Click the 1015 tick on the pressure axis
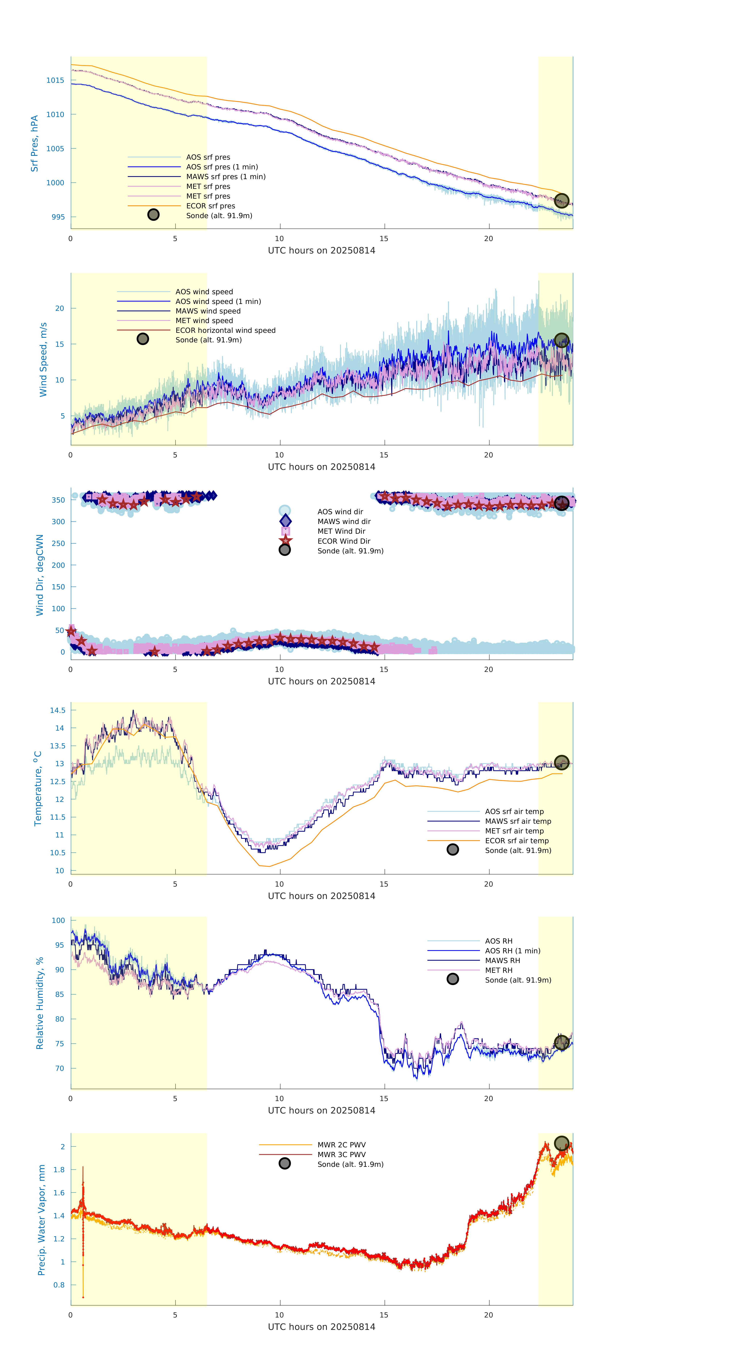pyautogui.click(x=55, y=80)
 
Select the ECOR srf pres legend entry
pyautogui.click(x=210, y=206)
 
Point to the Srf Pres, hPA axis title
pyautogui.click(x=34, y=143)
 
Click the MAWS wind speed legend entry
pyautogui.click(x=208, y=311)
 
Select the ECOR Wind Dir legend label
pyautogui.click(x=344, y=541)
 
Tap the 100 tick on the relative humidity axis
pyautogui.click(x=58, y=920)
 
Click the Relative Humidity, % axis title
pyautogui.click(x=40, y=1003)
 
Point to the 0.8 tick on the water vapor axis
pyautogui.click(x=59, y=1284)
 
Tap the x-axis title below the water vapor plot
pyautogui.click(x=321, y=1327)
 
